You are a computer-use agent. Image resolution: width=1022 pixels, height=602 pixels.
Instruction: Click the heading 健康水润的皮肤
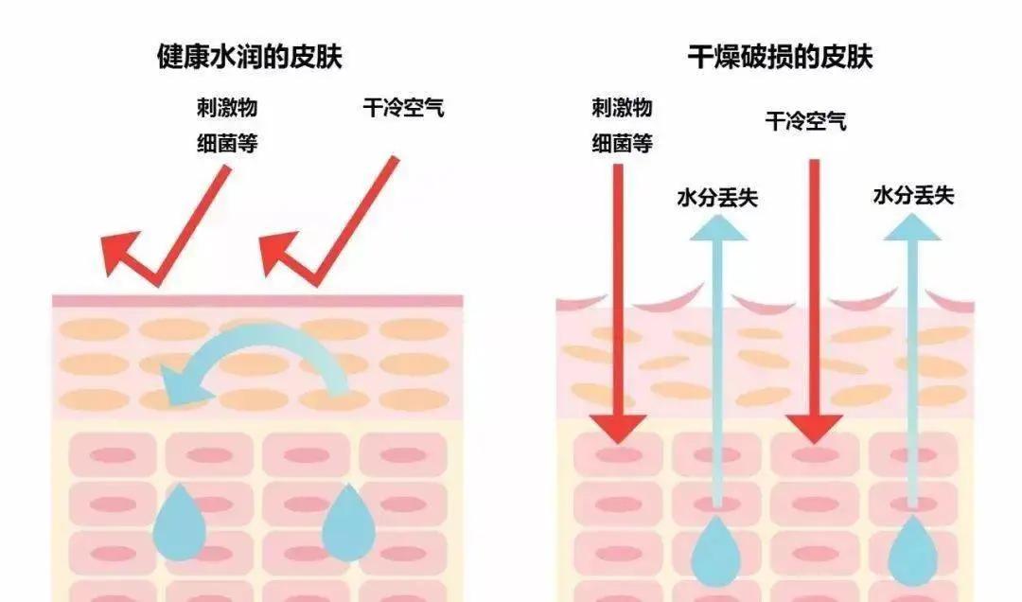250,57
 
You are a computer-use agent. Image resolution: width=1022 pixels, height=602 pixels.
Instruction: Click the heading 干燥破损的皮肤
780,57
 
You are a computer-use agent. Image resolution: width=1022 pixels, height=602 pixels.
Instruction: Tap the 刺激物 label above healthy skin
227,108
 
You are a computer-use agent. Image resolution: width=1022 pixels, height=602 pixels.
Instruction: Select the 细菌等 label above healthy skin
227,143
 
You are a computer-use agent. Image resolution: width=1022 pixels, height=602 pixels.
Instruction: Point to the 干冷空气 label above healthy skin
404,108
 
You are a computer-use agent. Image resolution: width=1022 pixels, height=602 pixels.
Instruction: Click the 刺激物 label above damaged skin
623,108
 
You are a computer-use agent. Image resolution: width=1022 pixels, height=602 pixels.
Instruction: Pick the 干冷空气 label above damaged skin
806,121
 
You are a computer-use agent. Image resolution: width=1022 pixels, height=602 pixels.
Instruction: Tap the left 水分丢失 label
717,197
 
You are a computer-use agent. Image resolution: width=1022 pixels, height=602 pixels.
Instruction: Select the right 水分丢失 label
914,195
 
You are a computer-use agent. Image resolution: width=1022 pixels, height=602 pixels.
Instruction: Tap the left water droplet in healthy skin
179,523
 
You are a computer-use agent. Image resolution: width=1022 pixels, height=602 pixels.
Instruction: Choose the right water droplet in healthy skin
348,523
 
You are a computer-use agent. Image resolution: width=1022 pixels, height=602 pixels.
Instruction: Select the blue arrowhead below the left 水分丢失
717,227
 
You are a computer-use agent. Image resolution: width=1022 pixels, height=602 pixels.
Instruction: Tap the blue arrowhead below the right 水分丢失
912,227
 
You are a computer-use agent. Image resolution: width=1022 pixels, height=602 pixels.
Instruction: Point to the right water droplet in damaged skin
912,552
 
